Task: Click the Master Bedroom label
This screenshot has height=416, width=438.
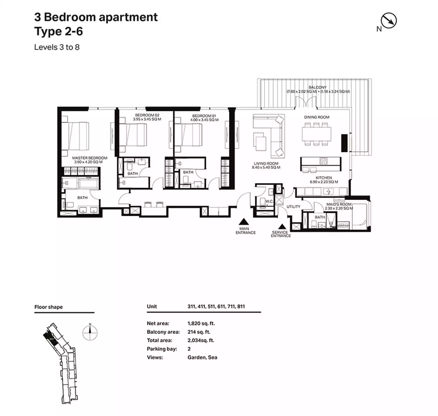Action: point(90,158)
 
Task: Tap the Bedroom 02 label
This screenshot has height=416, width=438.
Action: point(147,115)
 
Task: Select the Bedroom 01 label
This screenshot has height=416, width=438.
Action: point(204,116)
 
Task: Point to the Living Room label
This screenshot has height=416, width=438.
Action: point(266,164)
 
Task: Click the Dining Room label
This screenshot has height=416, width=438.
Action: point(316,117)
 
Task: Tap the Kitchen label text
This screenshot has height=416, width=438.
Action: point(324,178)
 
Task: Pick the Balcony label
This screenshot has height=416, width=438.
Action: point(317,87)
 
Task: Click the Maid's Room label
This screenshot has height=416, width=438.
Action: point(339,204)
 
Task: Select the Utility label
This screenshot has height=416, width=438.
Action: point(293,207)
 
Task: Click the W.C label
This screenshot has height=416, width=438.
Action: point(269,201)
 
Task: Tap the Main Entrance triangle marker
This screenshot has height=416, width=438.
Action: point(244,222)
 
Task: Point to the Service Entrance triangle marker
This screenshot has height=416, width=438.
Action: point(282,226)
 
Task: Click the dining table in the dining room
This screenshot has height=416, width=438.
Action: point(316,134)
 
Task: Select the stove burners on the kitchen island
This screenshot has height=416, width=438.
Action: point(323,161)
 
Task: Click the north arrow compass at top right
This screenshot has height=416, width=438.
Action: point(389,21)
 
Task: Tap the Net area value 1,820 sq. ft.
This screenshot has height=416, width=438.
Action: point(201,324)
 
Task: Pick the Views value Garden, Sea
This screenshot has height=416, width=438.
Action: point(202,357)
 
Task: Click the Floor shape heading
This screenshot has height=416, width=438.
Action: point(49,307)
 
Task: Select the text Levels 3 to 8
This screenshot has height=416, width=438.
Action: point(57,47)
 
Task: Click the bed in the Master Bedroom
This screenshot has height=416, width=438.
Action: point(75,136)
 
